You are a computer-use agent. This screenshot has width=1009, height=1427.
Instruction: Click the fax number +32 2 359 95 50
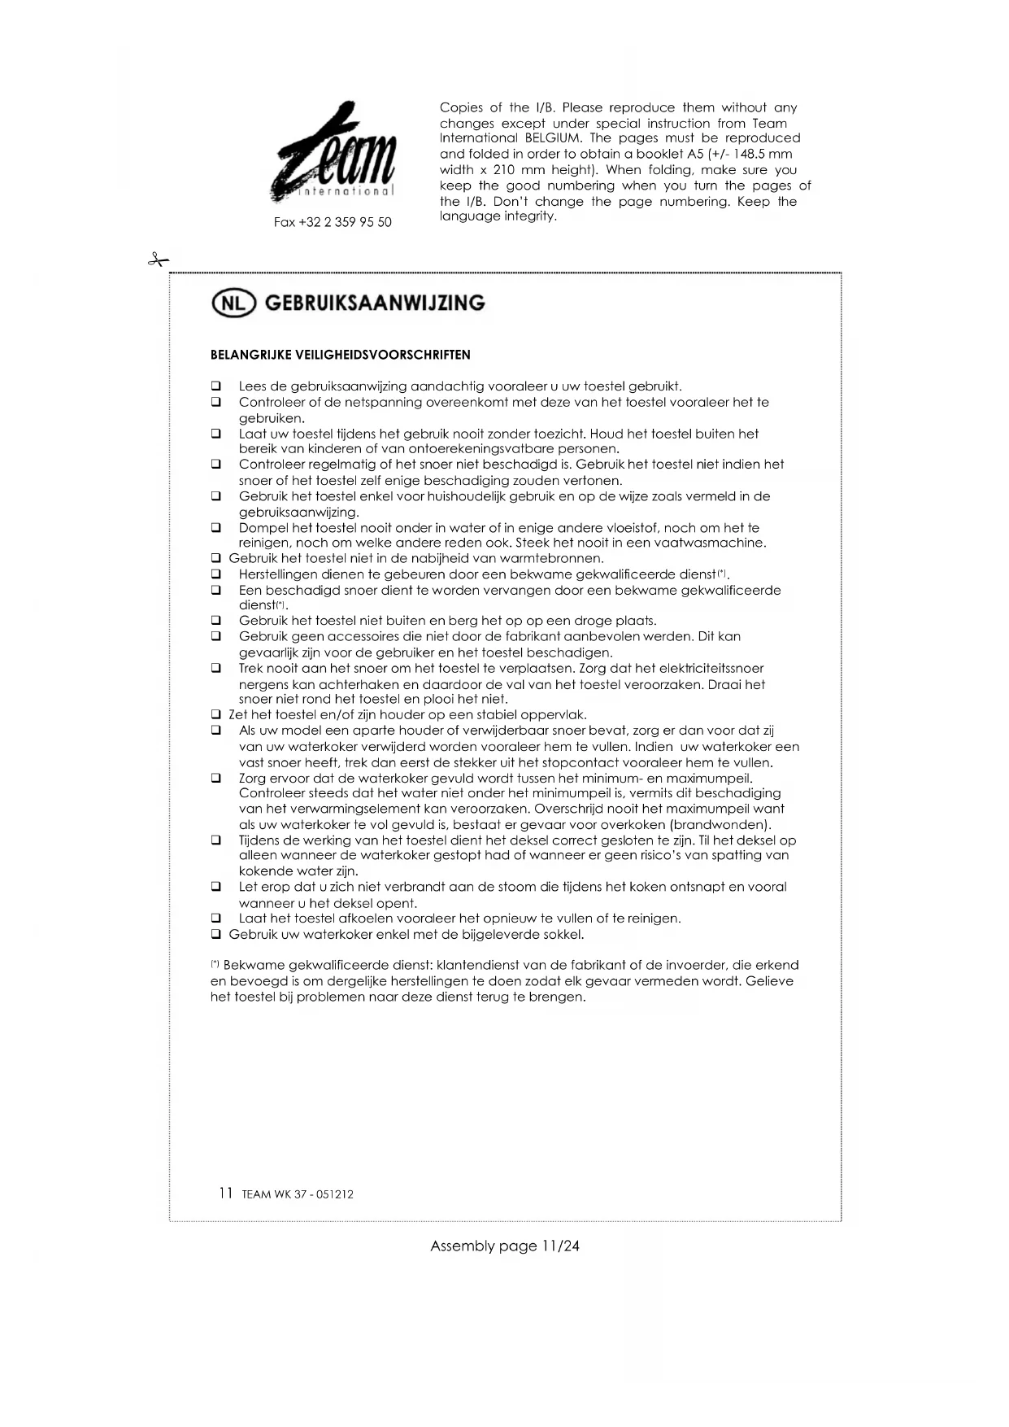tap(333, 222)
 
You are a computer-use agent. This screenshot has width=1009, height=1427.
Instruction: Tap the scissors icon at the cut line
tap(158, 260)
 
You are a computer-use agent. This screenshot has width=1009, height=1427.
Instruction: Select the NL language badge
tap(233, 303)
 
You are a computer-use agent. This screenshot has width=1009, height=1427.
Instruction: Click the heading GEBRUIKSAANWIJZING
tap(375, 303)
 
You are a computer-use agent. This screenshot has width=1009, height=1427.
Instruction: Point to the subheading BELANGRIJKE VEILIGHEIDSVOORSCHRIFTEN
tap(340, 355)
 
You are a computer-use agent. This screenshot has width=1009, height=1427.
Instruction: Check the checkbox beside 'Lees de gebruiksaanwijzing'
tap(216, 386)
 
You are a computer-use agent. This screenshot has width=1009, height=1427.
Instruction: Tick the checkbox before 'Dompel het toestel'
tap(216, 528)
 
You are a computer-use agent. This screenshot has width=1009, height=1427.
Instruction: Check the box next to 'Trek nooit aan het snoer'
tap(216, 669)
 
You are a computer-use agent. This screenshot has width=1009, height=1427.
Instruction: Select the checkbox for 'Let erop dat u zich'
tap(216, 887)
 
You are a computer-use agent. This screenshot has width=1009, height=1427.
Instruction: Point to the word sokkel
tap(565, 934)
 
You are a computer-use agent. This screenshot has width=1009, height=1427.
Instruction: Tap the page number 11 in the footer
tap(225, 1194)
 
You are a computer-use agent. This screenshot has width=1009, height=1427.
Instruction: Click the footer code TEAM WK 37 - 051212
tap(298, 1194)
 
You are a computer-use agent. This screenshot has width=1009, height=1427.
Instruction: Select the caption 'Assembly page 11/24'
tap(504, 1246)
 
